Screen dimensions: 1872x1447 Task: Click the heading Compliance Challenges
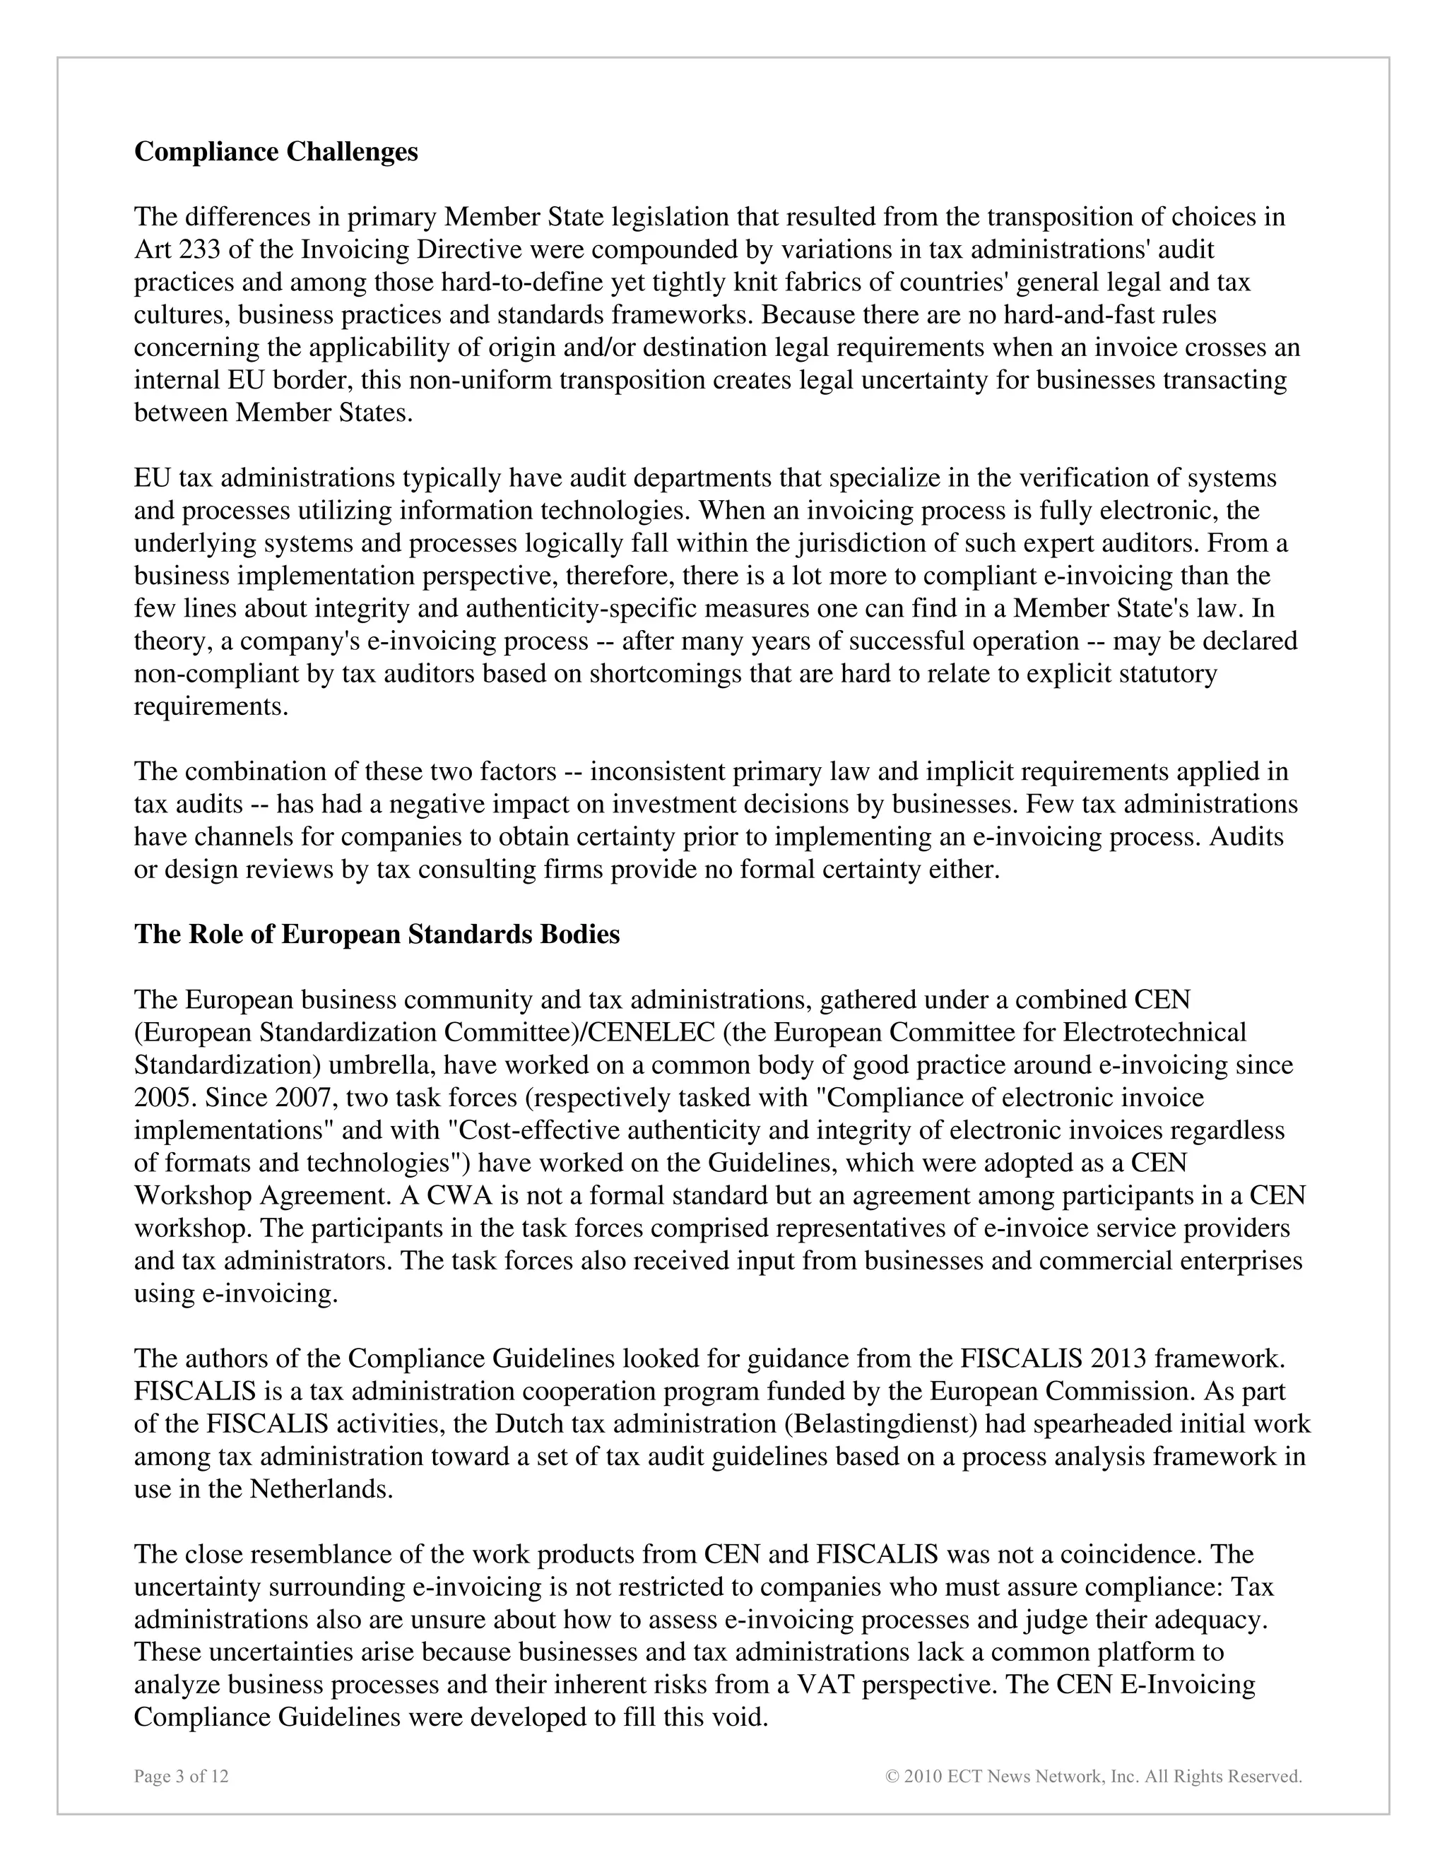(276, 152)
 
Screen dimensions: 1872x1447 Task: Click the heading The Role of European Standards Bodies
(377, 933)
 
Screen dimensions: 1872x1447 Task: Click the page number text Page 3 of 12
(181, 1776)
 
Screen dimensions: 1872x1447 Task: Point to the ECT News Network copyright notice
(1093, 1776)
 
